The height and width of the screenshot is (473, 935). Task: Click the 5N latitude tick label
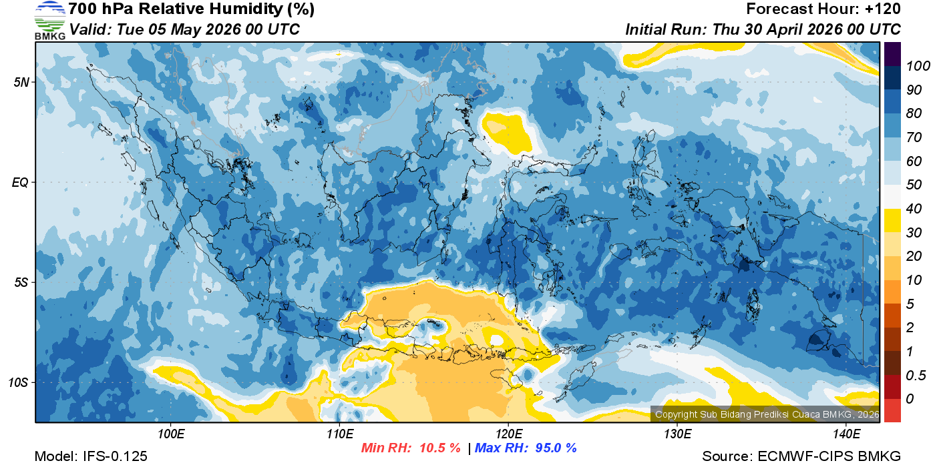click(x=20, y=82)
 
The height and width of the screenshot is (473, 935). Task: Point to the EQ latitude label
click(x=20, y=182)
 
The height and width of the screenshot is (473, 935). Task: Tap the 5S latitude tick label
click(x=20, y=282)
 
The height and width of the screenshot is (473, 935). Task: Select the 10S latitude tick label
click(x=18, y=382)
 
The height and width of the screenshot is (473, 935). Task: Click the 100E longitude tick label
click(x=171, y=434)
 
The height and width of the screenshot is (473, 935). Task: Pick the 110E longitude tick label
click(x=339, y=434)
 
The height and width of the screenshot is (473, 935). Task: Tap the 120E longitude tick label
click(x=508, y=434)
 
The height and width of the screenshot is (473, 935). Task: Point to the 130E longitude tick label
click(x=677, y=434)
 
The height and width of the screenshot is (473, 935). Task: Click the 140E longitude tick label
click(x=846, y=434)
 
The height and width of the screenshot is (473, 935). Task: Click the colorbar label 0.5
click(x=913, y=375)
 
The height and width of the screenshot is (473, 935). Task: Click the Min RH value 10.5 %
click(x=439, y=448)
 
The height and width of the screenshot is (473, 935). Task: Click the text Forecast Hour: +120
click(x=823, y=9)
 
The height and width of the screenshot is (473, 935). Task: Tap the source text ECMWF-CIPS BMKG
click(x=829, y=456)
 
